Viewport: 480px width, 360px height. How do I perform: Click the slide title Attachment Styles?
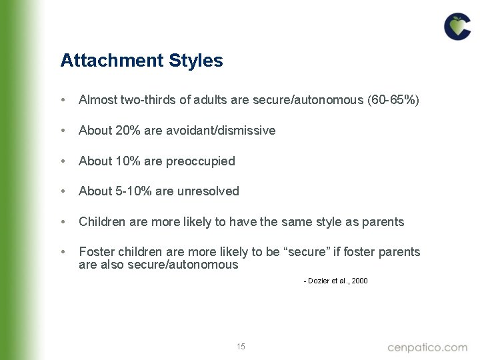141,61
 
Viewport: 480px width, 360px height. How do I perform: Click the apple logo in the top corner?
457,27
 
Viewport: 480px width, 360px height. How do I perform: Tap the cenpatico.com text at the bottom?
427,347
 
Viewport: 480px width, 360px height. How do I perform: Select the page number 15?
241,347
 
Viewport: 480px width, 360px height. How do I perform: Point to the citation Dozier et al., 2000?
335,281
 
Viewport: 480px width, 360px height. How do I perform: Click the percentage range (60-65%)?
393,100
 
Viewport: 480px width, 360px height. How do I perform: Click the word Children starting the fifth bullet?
101,222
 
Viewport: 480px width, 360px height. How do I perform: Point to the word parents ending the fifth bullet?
383,222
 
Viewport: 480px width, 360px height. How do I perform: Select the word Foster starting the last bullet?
95,252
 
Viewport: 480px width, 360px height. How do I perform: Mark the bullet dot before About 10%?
63,161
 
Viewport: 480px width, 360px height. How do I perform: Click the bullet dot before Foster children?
63,252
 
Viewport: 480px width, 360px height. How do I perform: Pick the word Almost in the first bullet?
97,100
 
